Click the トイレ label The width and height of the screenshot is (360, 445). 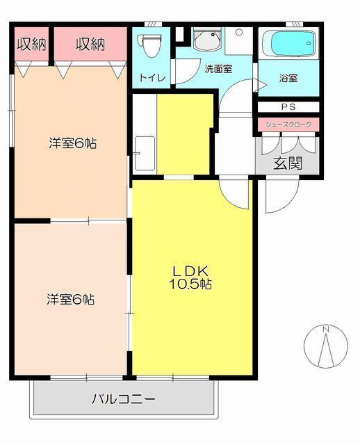(x=153, y=78)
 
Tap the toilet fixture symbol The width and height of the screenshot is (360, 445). (x=149, y=44)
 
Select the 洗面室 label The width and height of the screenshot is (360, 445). (x=218, y=70)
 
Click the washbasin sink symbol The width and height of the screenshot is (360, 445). (x=207, y=41)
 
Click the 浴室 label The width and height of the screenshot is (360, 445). (x=289, y=78)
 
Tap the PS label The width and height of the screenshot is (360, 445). (x=288, y=107)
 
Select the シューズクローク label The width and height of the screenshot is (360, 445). (x=288, y=124)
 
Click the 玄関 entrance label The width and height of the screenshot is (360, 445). (x=287, y=164)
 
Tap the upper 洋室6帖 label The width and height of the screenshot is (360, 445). (x=72, y=144)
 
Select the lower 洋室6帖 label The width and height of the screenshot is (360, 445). (x=70, y=300)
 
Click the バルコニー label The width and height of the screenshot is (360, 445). (x=123, y=399)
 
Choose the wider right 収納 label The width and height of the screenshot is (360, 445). (x=90, y=45)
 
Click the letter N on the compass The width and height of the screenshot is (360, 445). (x=326, y=329)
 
